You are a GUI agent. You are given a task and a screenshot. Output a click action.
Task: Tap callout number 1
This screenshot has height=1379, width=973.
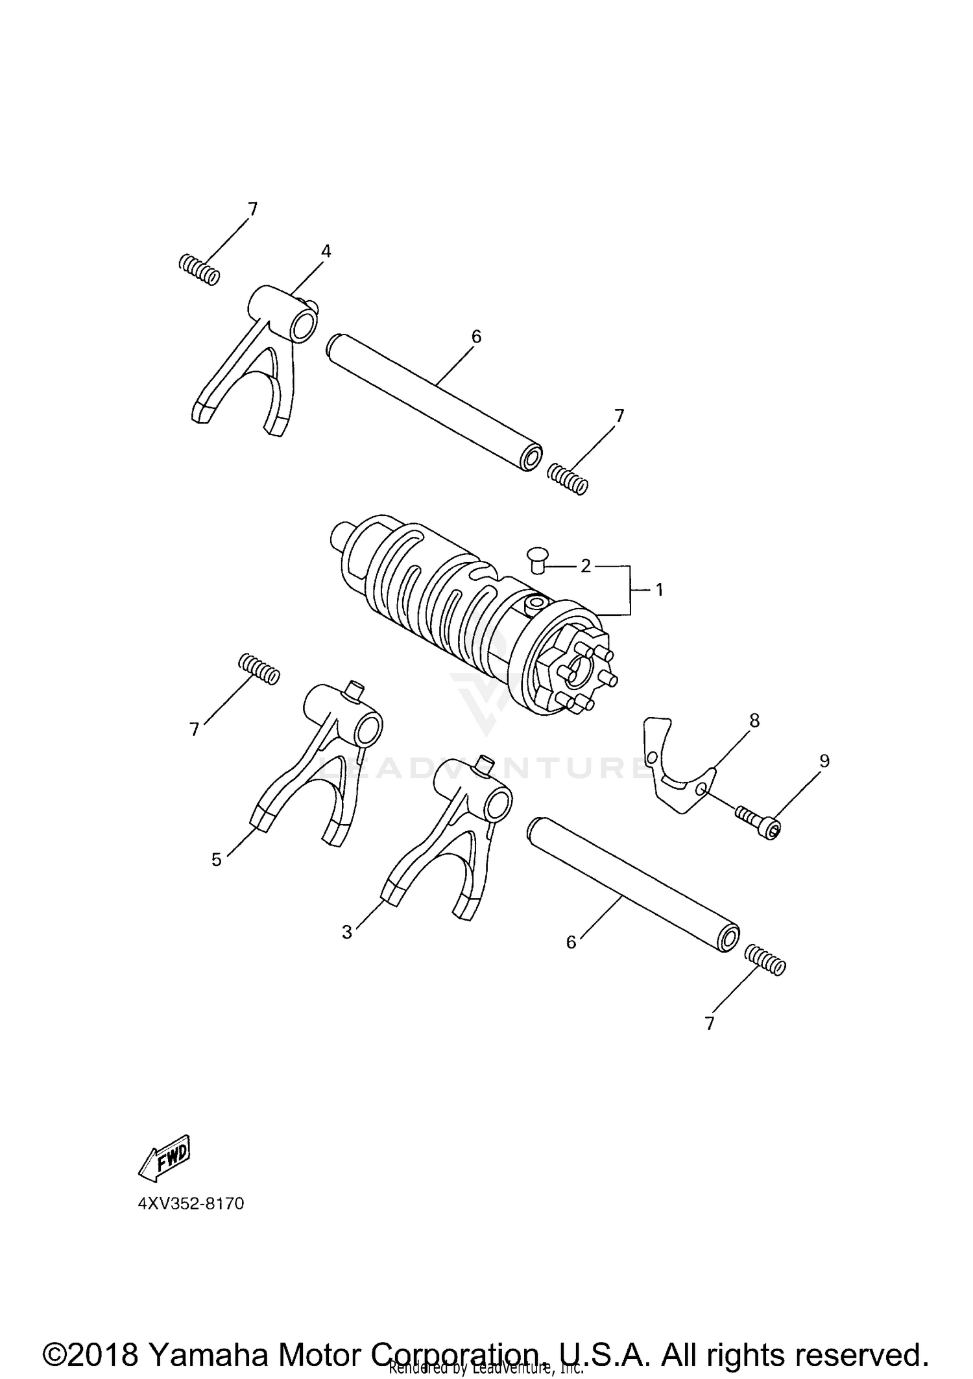click(659, 589)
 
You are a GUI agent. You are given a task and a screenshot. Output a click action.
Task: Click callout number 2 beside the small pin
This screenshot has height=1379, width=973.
click(586, 566)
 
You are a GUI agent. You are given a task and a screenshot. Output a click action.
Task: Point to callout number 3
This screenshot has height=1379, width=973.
click(347, 932)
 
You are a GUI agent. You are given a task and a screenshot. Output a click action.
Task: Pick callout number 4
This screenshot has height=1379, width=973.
click(326, 252)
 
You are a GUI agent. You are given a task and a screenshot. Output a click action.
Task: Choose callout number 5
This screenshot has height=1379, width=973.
click(217, 860)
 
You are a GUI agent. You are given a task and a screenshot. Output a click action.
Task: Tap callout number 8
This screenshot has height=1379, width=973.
click(754, 720)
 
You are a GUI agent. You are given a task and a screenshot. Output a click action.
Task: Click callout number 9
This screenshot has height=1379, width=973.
click(824, 760)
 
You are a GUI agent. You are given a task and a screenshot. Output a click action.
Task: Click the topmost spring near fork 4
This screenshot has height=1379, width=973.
click(198, 269)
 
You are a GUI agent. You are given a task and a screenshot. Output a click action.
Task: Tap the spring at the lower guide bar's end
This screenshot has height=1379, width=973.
click(765, 960)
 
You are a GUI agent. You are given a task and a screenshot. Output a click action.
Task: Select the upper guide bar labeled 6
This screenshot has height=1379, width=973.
click(435, 402)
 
